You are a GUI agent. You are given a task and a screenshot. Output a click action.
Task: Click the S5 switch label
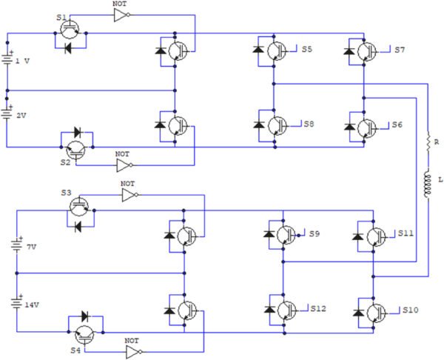tap(306, 49)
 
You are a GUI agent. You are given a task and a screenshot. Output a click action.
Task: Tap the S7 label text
tap(400, 50)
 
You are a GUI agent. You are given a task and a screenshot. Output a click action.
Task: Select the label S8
tap(309, 124)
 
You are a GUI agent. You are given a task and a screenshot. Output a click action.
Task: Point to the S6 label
tap(397, 124)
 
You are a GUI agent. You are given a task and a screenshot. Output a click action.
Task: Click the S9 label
tap(314, 233)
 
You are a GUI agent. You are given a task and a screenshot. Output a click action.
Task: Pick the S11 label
tap(406, 233)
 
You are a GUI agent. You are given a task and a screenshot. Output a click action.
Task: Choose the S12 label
tap(318, 308)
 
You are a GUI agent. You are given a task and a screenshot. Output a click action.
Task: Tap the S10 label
tap(411, 310)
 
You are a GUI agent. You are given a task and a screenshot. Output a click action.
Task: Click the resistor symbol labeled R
tap(428, 141)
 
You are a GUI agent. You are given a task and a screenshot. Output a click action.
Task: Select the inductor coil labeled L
tap(427, 185)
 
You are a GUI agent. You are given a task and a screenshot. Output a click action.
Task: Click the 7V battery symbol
tap(17, 245)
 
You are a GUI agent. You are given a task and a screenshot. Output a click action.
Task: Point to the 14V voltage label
tap(32, 305)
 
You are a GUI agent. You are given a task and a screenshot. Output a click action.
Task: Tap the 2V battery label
tap(21, 116)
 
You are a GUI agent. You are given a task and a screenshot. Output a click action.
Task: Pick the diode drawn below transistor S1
tap(68, 48)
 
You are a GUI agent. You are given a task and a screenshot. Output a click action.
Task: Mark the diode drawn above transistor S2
tap(77, 132)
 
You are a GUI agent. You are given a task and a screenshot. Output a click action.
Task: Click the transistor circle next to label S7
tap(367, 52)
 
